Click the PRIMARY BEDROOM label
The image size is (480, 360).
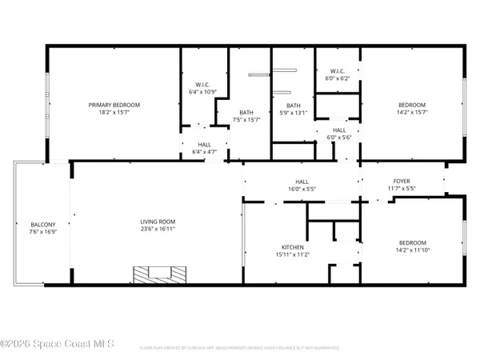tap(114, 105)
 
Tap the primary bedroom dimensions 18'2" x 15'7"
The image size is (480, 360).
tap(114, 113)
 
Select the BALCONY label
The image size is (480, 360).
tap(42, 225)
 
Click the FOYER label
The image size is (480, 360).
tap(401, 181)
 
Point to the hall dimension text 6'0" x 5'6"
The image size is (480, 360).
tap(339, 137)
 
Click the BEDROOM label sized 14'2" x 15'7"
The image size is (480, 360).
tap(412, 105)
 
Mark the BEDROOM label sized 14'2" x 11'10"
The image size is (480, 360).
tap(412, 242)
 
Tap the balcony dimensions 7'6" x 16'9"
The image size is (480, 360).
tap(42, 233)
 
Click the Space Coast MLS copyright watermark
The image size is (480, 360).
tap(58, 345)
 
